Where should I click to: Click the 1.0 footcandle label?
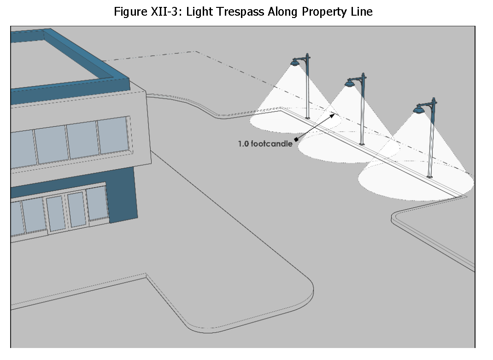click(265, 144)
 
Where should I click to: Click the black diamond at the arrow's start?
click(296, 139)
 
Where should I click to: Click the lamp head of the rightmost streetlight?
click(419, 109)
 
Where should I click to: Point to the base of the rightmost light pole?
click(430, 176)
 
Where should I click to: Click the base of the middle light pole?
click(362, 144)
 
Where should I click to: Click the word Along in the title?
click(284, 12)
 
